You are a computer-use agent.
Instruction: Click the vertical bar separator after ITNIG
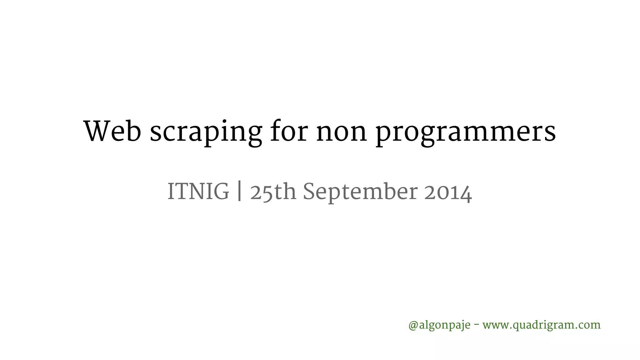pyautogui.click(x=239, y=192)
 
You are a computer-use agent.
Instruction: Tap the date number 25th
pyautogui.click(x=273, y=192)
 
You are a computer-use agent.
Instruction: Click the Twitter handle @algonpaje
pyautogui.click(x=439, y=325)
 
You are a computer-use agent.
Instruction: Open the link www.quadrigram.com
pyautogui.click(x=542, y=325)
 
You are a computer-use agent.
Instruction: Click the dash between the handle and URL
pyautogui.click(x=476, y=325)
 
